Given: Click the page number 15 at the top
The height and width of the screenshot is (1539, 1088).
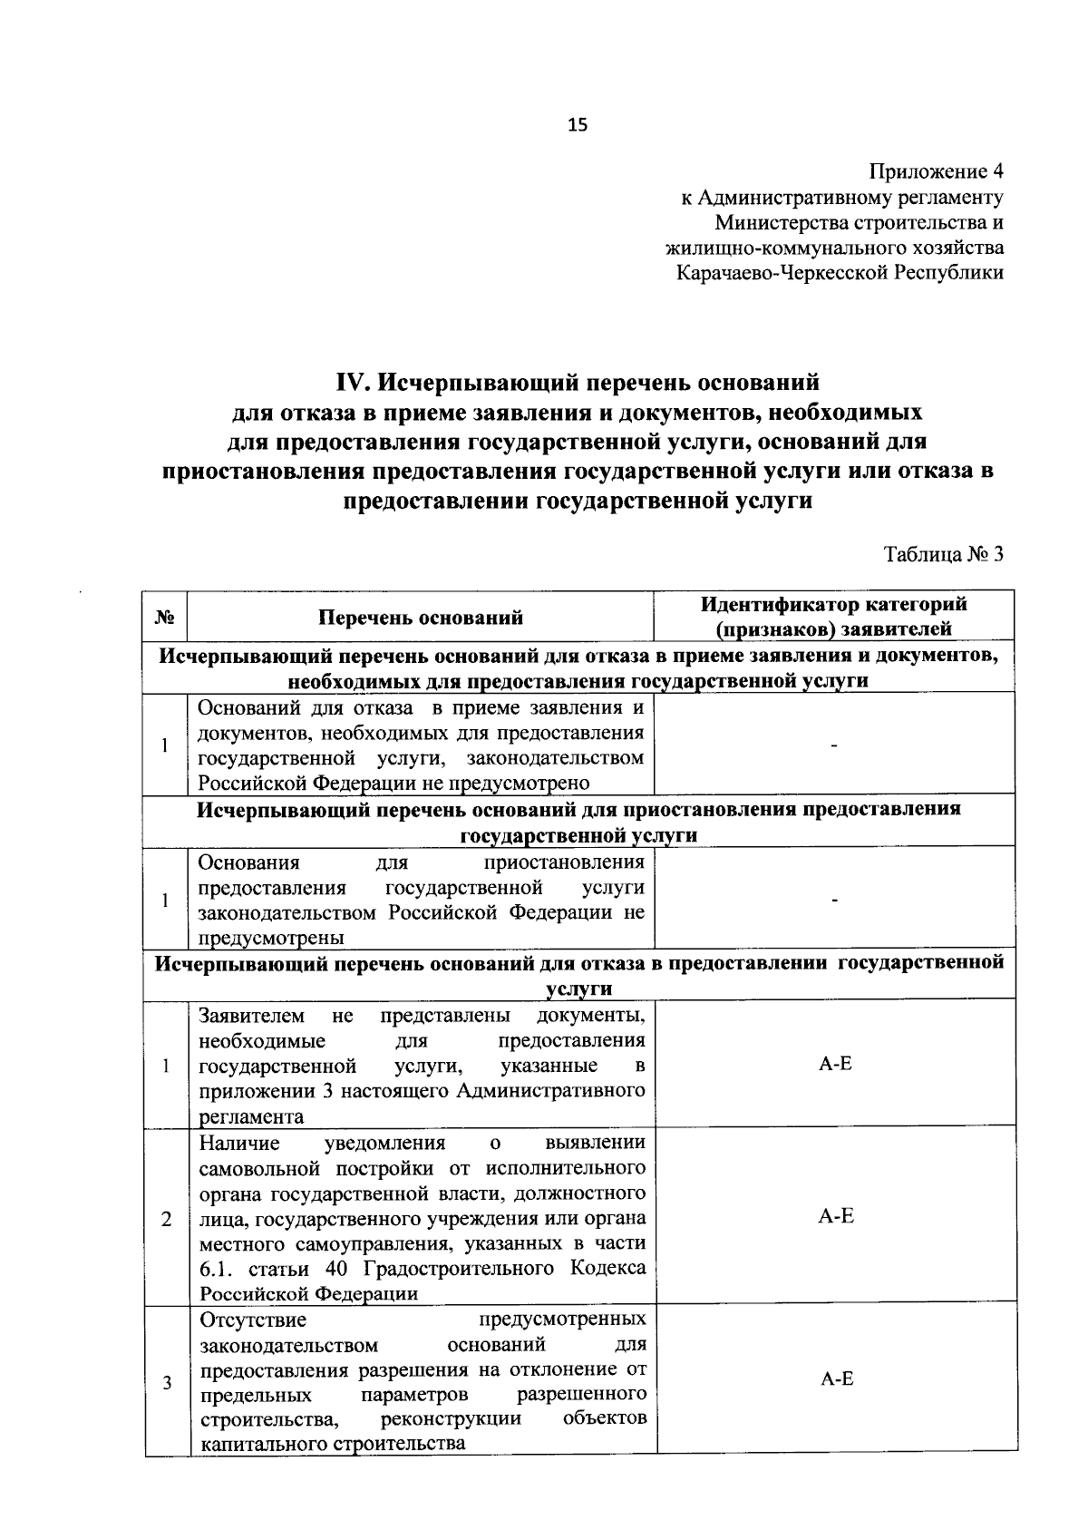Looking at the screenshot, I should click(x=578, y=125).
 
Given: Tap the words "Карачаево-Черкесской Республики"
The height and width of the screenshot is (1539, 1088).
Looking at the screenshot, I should click(x=840, y=272).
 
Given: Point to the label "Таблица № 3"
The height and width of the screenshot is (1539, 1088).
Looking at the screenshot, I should click(x=944, y=555).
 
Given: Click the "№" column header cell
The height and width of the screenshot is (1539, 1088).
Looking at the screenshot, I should click(x=165, y=617).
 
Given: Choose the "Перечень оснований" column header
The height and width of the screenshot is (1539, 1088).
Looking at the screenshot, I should click(x=421, y=618).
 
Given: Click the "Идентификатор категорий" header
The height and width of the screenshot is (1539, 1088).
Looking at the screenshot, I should click(x=833, y=604).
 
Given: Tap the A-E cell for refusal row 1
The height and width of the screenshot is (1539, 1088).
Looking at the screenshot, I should click(x=835, y=1064).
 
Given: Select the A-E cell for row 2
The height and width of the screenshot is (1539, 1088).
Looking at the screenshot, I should click(x=835, y=1216).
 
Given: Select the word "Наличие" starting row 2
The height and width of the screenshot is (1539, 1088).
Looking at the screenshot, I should click(x=239, y=1142).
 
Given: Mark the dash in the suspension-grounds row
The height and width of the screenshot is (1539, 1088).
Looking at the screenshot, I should click(x=835, y=899).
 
